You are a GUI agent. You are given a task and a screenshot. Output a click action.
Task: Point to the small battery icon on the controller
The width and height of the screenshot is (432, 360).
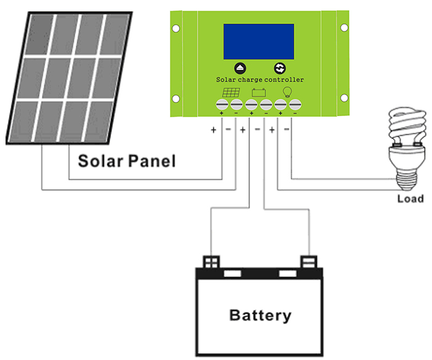pyautogui.click(x=259, y=93)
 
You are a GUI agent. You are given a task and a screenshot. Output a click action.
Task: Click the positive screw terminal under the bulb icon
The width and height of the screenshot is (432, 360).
pyautogui.click(x=280, y=105)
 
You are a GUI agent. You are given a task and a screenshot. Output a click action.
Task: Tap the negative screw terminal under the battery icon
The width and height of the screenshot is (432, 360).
pyautogui.click(x=265, y=105)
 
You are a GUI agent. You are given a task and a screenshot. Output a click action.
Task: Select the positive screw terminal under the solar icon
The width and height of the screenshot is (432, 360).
pyautogui.click(x=221, y=105)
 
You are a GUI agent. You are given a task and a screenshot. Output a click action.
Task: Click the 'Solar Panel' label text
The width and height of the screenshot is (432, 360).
pyautogui.click(x=127, y=162)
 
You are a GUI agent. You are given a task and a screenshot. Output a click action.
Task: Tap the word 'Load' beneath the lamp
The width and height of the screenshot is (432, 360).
pyautogui.click(x=410, y=199)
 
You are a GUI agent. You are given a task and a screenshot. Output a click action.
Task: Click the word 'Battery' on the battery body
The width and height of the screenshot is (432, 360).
pyautogui.click(x=260, y=316)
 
